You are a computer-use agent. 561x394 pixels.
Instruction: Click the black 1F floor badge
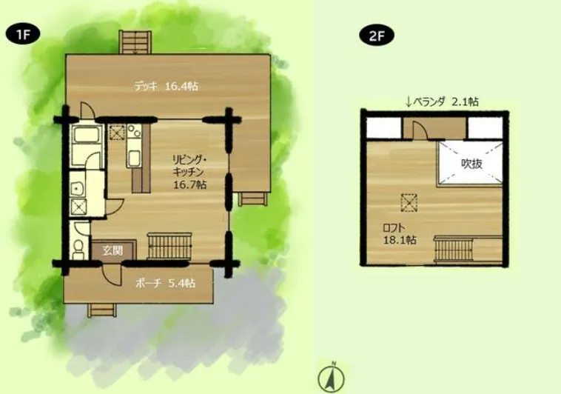tap(22, 36)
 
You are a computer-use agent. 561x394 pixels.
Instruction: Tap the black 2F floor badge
tap(377, 36)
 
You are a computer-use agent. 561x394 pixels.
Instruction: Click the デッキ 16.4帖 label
tap(167, 87)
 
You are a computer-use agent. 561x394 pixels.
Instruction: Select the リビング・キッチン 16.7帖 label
tap(189, 172)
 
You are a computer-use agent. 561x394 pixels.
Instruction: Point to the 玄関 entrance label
tap(112, 250)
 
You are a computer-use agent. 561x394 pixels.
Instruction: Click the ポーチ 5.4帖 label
tap(165, 284)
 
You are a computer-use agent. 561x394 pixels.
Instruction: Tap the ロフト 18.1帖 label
tap(400, 234)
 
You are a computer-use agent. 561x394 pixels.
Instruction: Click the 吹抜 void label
tap(471, 164)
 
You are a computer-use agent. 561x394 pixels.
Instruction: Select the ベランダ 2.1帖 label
tap(442, 102)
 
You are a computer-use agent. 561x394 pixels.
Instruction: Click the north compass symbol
tap(332, 377)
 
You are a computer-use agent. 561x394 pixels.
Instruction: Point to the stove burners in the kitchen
tap(134, 131)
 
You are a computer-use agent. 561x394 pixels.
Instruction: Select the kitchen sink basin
tap(134, 158)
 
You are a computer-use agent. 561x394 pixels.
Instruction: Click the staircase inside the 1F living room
tap(169, 246)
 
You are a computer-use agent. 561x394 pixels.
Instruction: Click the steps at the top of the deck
tap(135, 42)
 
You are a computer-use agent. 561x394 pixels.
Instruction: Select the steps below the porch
tap(102, 309)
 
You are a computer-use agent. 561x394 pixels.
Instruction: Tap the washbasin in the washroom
tap(76, 188)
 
